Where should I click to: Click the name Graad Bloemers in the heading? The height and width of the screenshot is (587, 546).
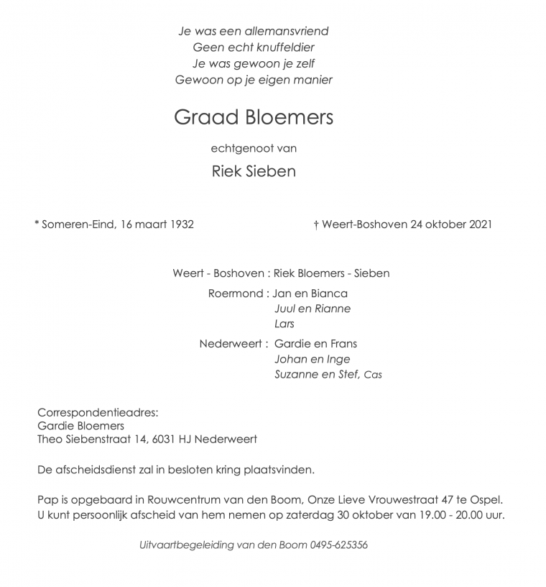click(x=254, y=117)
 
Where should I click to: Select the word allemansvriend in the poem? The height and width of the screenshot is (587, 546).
click(x=289, y=32)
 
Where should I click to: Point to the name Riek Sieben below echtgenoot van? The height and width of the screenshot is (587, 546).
click(x=254, y=171)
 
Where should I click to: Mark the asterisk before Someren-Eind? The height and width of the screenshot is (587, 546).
click(x=37, y=224)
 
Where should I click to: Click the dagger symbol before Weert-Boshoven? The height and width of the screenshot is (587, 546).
click(x=316, y=224)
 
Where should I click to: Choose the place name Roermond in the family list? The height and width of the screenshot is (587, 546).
click(x=237, y=293)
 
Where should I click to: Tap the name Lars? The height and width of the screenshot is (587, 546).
click(x=284, y=324)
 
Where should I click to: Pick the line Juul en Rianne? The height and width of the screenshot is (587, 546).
click(x=313, y=309)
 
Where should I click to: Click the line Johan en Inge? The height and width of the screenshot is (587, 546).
click(x=313, y=359)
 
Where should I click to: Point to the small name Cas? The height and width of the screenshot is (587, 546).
click(x=373, y=375)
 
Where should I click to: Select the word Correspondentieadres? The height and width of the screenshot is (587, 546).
click(x=97, y=413)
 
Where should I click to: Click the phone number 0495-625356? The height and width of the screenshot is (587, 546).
click(x=339, y=545)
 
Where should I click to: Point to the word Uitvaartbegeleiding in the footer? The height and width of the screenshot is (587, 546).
click(x=188, y=545)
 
